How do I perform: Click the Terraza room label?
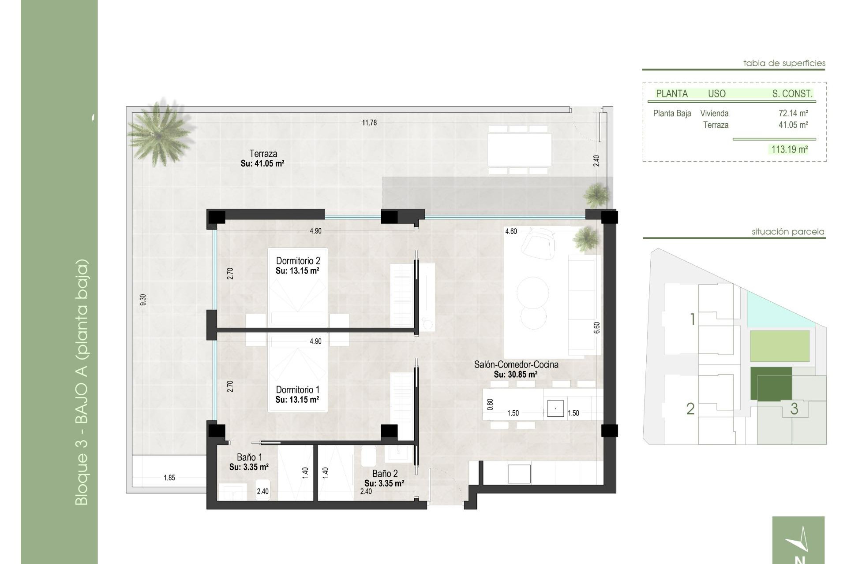coord(263,154)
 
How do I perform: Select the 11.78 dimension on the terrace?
coord(369,123)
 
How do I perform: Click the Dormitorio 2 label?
coord(298,261)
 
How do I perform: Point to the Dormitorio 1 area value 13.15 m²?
coord(297,400)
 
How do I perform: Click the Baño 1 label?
coord(249,457)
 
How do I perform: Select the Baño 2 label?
coord(385,474)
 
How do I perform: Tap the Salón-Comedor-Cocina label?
coord(516,365)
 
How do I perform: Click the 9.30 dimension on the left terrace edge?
coord(142,300)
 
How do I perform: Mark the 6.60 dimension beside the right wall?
coord(597,327)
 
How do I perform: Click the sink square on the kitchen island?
coord(555,408)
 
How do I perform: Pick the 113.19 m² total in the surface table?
coord(789,149)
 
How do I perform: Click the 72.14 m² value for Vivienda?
coord(793,113)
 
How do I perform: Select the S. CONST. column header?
coord(792,93)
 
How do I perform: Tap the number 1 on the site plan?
coord(692,319)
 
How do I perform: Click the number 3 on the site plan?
coord(794,409)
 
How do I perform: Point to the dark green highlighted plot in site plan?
coord(771,383)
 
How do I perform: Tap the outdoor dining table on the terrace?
coord(519,148)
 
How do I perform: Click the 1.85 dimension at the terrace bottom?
coord(169,478)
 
